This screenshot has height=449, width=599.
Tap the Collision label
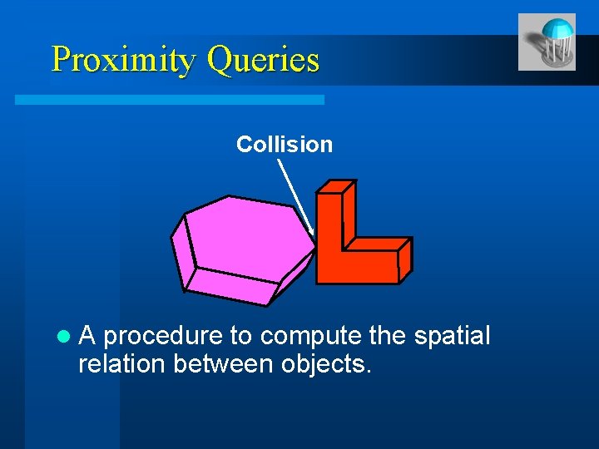[284, 145]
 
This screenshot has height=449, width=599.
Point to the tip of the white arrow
[313, 234]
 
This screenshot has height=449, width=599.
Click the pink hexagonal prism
[245, 237]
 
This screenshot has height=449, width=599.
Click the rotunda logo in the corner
[546, 42]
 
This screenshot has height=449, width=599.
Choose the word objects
[327, 363]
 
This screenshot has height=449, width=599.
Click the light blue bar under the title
[170, 99]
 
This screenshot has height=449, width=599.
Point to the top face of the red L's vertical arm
[336, 187]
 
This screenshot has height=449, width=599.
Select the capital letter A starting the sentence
[87, 337]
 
